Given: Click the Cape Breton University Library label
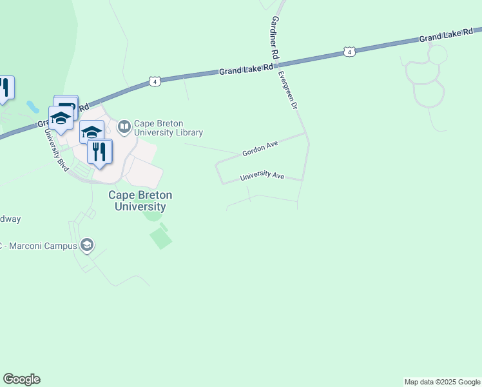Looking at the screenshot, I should pos(168,128).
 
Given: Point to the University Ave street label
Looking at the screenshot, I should pos(262,176).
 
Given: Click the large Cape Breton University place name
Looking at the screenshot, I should pos(140,201).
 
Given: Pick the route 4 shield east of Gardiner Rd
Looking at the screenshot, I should pos(349,51).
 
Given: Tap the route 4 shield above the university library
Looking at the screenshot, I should pos(155,81).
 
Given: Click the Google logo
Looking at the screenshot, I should pos(22,379).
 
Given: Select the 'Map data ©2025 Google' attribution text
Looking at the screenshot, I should pos(442,382).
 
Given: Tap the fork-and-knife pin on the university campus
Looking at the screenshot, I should pos(99,152).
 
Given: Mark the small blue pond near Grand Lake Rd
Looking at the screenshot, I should pos(32,106).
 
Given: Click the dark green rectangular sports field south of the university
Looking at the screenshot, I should pos(161,238).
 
